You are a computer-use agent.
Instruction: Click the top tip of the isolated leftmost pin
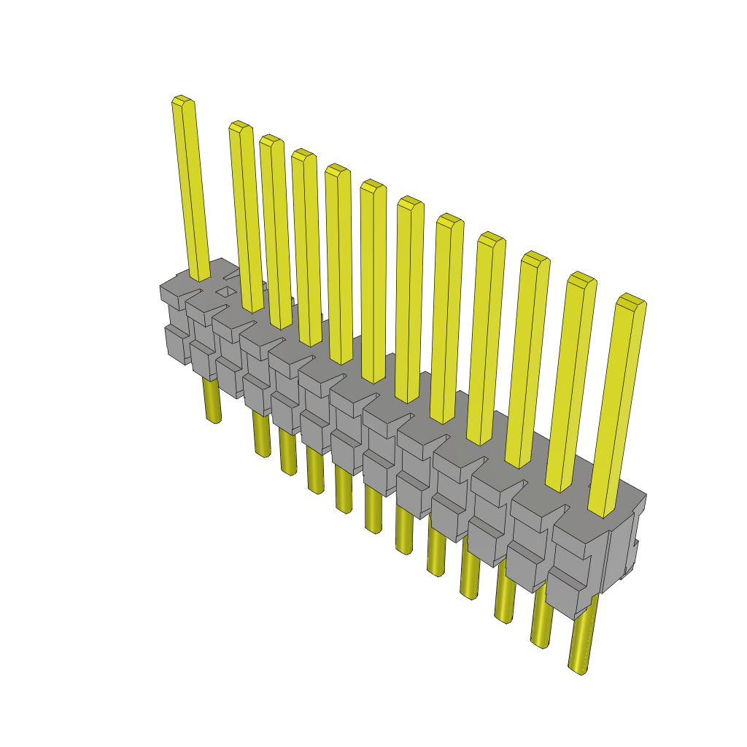click(x=183, y=101)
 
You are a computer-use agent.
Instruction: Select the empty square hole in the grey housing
click(x=227, y=292)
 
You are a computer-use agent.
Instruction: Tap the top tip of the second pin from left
click(x=240, y=126)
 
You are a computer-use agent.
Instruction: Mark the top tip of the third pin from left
click(x=271, y=140)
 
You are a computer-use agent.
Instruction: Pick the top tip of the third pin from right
click(x=535, y=258)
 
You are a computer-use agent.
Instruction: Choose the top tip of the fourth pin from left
click(x=303, y=155)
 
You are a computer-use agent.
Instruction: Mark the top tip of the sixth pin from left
click(x=373, y=185)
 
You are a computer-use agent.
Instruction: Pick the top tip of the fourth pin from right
click(x=491, y=239)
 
